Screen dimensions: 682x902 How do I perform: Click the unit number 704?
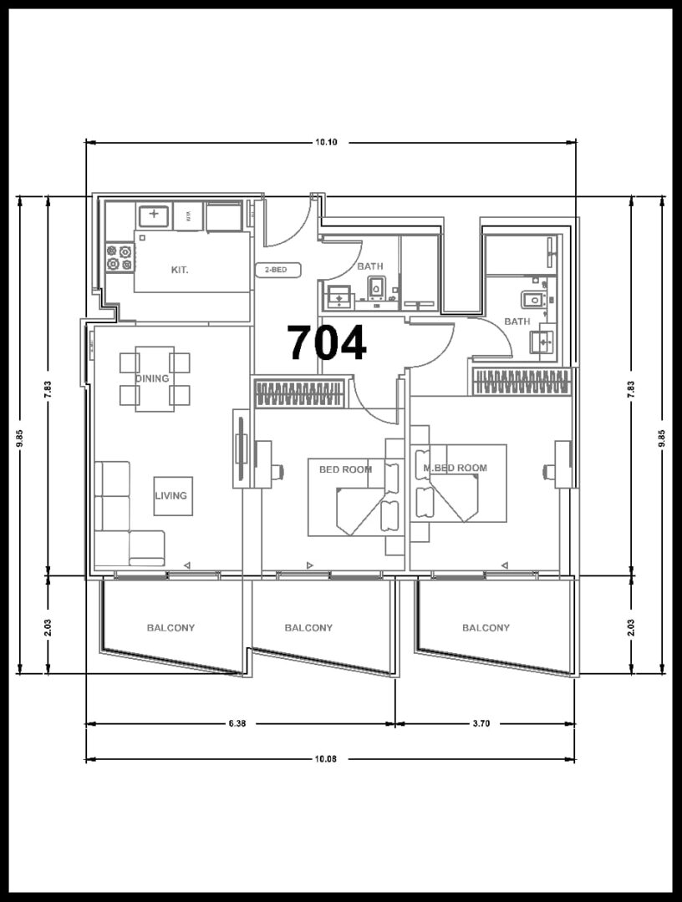(x=327, y=343)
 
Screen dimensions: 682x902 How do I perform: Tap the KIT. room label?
(x=180, y=269)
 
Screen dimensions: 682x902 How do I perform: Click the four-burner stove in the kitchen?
(x=120, y=257)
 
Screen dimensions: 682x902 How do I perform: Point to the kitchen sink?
(x=154, y=216)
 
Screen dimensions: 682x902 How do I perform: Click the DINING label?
(x=152, y=378)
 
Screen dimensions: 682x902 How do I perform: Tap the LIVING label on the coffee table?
(x=171, y=495)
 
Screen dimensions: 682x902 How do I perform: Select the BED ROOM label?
(x=345, y=469)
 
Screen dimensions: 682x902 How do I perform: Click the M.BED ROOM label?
(x=456, y=469)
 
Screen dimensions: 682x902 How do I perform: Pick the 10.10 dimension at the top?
(x=326, y=142)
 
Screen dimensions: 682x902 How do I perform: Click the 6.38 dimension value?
(x=237, y=723)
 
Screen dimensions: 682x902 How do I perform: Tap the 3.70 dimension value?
(x=481, y=723)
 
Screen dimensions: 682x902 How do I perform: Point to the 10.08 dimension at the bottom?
(x=326, y=758)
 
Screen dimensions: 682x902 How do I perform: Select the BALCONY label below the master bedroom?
(x=486, y=627)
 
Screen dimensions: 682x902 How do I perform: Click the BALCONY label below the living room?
(x=171, y=627)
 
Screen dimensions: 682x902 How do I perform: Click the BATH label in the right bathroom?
(x=517, y=322)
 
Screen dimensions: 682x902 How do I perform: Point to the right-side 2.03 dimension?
(x=631, y=627)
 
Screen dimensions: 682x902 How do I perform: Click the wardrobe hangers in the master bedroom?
(x=522, y=382)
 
